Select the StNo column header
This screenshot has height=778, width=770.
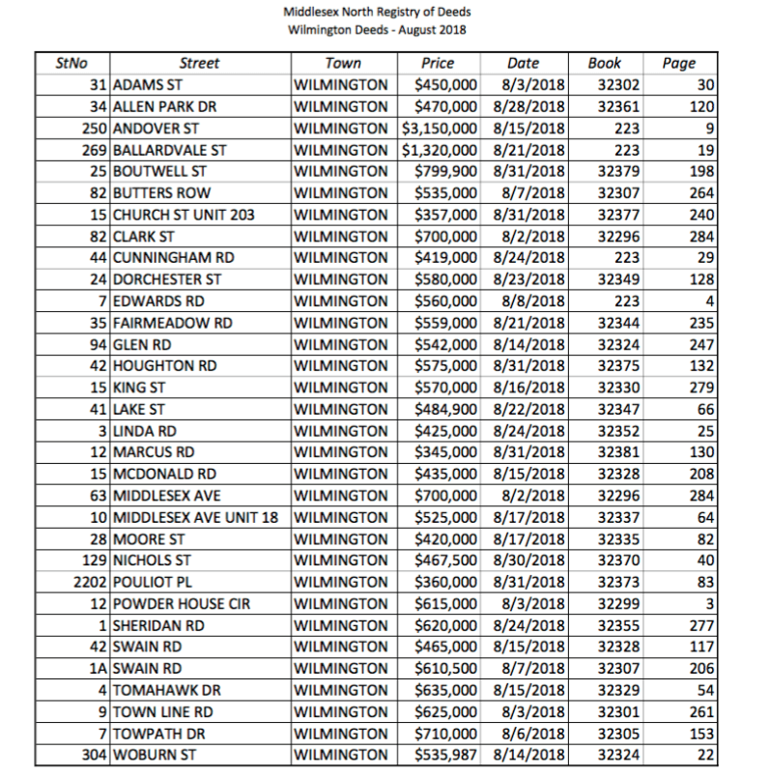pyautogui.click(x=71, y=64)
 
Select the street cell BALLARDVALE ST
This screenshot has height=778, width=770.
pyautogui.click(x=170, y=150)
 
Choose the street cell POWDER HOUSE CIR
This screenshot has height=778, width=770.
pyautogui.click(x=182, y=603)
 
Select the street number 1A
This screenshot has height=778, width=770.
pyautogui.click(x=100, y=667)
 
